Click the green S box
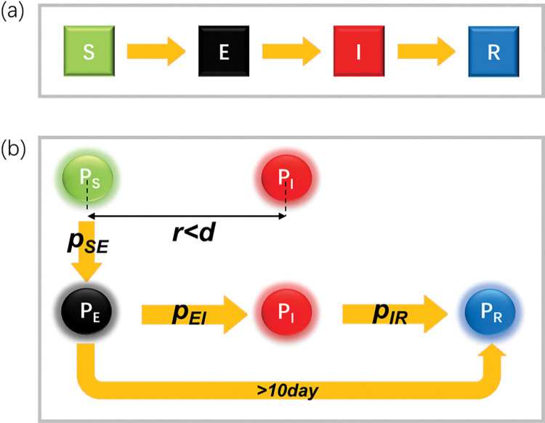85,52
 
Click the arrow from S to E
153,52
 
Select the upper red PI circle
286,177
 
